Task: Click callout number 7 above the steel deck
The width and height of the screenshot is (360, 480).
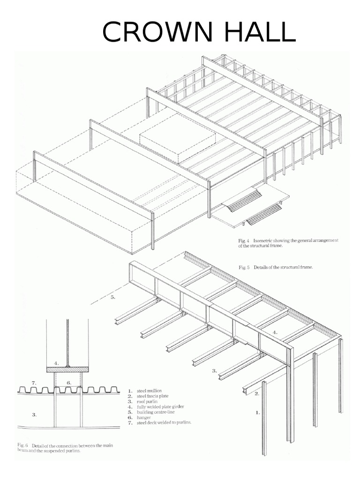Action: click(x=34, y=382)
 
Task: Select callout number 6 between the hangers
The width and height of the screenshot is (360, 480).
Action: click(x=68, y=382)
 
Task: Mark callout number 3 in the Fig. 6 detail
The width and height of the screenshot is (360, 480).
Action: click(x=34, y=414)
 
